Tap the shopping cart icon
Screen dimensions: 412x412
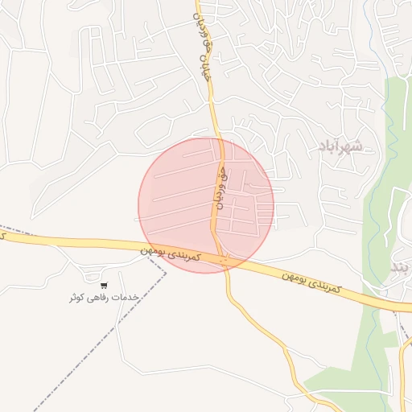(x=104, y=285)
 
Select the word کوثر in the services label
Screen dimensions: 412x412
(x=81, y=298)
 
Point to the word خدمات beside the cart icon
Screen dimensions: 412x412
(x=129, y=298)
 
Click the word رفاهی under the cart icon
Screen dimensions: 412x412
(x=105, y=298)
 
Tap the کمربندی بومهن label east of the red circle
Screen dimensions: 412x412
(x=313, y=282)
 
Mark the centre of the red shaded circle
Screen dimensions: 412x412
(x=206, y=205)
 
